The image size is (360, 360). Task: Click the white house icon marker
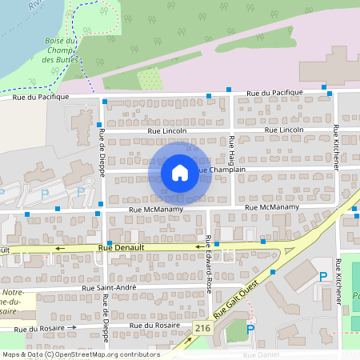[180, 173]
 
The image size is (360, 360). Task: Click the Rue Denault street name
[121, 248]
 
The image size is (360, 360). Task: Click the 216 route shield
[202, 328]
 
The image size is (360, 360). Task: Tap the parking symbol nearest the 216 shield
[250, 328]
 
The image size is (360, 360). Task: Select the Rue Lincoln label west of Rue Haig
[167, 130]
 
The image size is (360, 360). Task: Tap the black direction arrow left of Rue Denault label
[60, 249]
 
